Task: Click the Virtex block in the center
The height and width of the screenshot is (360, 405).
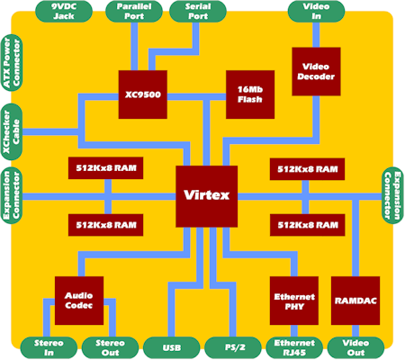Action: pyautogui.click(x=207, y=196)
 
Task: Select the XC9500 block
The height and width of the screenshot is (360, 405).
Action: pyautogui.click(x=143, y=94)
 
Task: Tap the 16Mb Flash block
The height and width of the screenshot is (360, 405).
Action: pyautogui.click(x=250, y=94)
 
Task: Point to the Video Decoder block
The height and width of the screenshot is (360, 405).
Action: pyautogui.click(x=316, y=71)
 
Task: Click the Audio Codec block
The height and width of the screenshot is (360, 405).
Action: pyautogui.click(x=79, y=301)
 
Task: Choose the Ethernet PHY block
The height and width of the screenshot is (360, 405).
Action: pyautogui.click(x=294, y=301)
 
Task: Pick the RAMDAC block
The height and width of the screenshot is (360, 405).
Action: pyautogui.click(x=355, y=301)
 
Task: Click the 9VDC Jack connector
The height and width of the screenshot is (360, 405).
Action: pyautogui.click(x=64, y=12)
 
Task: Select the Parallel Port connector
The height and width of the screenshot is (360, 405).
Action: pyautogui.click(x=134, y=12)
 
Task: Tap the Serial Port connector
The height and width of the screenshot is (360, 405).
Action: pyautogui.click(x=198, y=12)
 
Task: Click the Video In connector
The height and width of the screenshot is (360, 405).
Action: pyautogui.click(x=316, y=12)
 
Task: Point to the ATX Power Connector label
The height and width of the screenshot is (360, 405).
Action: pyautogui.click(x=12, y=63)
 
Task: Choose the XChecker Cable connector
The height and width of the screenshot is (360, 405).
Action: pyautogui.click(x=12, y=132)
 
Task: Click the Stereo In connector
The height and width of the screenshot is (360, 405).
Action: pyautogui.click(x=49, y=347)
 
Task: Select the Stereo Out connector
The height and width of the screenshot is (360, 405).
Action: pyautogui.click(x=110, y=347)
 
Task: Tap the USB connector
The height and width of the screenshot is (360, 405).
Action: pyautogui.click(x=172, y=347)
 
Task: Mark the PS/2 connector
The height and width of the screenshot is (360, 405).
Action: pyautogui.click(x=233, y=347)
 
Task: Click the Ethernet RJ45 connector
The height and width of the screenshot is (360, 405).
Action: pyautogui.click(x=294, y=347)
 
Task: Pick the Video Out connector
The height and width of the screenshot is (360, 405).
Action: pyautogui.click(x=355, y=347)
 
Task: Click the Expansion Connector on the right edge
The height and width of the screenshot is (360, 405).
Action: pyautogui.click(x=393, y=195)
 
